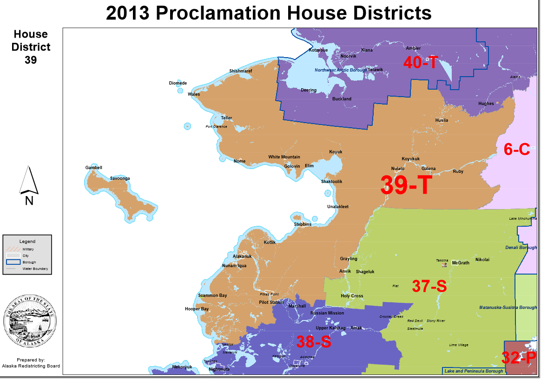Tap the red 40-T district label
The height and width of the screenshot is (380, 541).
pyautogui.click(x=420, y=62)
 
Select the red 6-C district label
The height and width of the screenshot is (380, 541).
pyautogui.click(x=517, y=149)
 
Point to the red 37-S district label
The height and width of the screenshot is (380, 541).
pyautogui.click(x=429, y=286)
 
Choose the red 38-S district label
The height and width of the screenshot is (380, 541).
pyautogui.click(x=313, y=342)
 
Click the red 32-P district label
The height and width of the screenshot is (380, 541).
pyautogui.click(x=519, y=358)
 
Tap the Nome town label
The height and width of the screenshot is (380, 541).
pyautogui.click(x=239, y=161)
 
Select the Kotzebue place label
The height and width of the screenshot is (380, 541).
pyautogui.click(x=318, y=50)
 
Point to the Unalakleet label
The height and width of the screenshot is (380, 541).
pyautogui.click(x=337, y=207)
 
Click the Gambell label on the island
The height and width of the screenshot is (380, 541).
pyautogui.click(x=93, y=168)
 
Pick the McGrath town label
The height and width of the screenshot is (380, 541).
pyautogui.click(x=460, y=263)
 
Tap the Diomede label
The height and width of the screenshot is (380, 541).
pyautogui.click(x=178, y=83)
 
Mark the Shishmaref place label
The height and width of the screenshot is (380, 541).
pyautogui.click(x=240, y=71)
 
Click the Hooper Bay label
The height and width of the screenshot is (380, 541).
pyautogui.click(x=197, y=309)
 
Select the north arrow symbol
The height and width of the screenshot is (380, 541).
pyautogui.click(x=29, y=181)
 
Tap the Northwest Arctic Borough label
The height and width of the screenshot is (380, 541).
pyautogui.click(x=341, y=70)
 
